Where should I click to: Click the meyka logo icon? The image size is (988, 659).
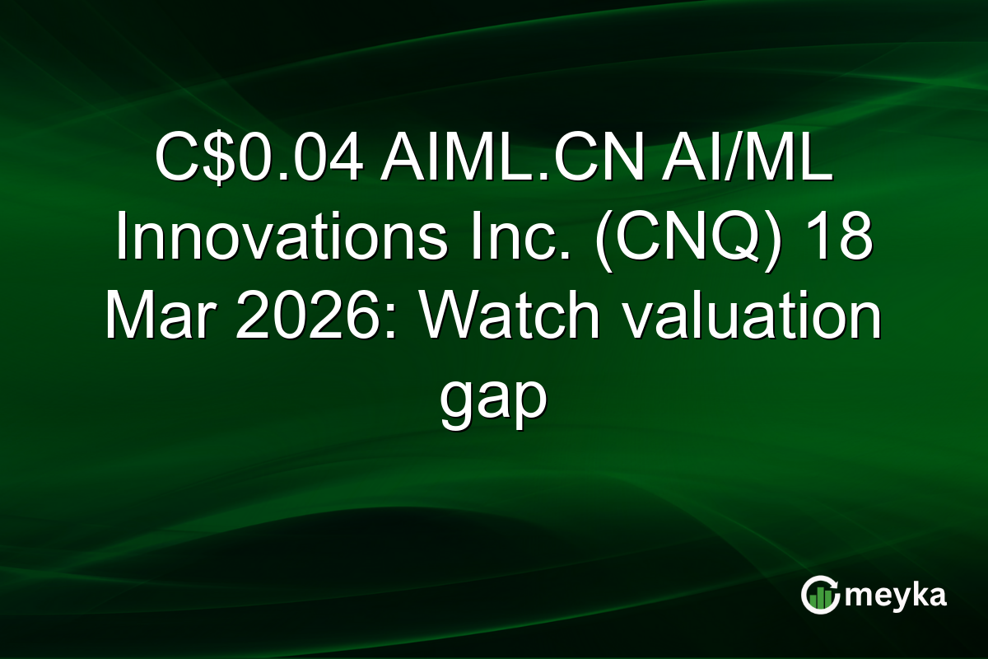(x=819, y=595)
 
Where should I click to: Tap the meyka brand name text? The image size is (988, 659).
(x=895, y=595)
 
